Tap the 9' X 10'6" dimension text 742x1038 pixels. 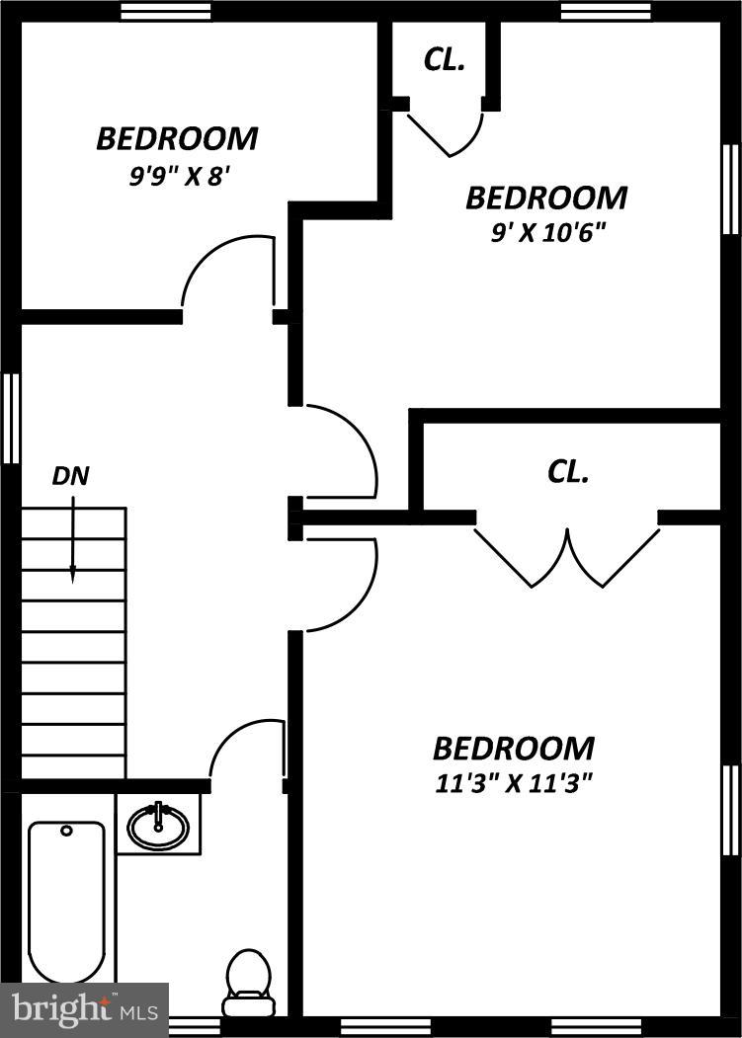pos(546,234)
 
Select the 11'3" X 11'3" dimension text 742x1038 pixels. pos(513,784)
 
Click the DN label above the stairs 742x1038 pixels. pos(70,476)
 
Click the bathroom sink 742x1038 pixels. pos(158,825)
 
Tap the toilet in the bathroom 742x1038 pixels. pos(248,983)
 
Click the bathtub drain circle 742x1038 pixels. pos(66,831)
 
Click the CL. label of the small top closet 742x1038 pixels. pos(445,59)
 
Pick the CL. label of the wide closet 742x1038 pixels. pos(568,472)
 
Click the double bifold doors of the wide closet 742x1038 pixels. pos(567,558)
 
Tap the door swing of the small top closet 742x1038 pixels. pos(448,133)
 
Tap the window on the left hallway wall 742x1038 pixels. pos(11,418)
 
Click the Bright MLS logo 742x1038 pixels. pos(84,1009)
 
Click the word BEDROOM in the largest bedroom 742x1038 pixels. pos(514,748)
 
